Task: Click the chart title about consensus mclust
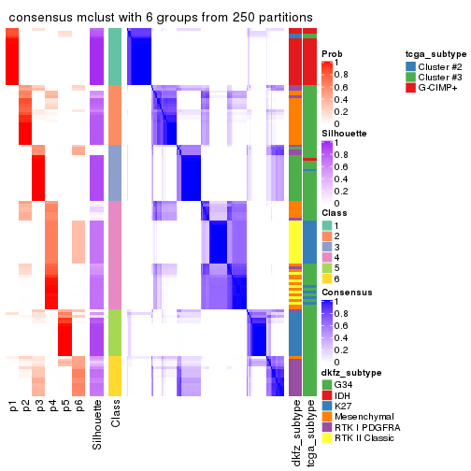159,19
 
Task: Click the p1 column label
13,406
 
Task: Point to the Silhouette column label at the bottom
98,425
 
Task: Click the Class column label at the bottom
115,415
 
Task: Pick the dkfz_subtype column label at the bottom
295,433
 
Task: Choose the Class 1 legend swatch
327,225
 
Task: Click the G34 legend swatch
327,384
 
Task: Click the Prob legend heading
332,54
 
